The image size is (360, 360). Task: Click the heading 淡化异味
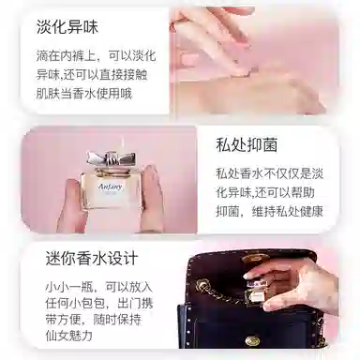[x=67, y=27]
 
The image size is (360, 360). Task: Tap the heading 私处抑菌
[x=247, y=145]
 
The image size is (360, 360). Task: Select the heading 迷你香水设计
[x=92, y=259]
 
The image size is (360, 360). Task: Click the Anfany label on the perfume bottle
[x=111, y=187]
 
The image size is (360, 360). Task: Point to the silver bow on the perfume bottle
[x=112, y=159]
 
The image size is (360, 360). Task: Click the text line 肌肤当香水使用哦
[x=84, y=94]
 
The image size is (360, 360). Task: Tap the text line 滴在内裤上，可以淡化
[x=96, y=56]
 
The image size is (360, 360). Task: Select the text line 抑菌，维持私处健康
[x=269, y=212]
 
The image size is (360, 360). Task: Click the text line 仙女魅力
[x=68, y=336]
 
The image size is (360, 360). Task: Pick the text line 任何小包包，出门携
[x=99, y=303]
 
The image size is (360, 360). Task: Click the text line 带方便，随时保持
[x=94, y=320]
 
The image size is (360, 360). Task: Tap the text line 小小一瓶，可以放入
[x=99, y=286]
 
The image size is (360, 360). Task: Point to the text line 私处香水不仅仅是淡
[x=269, y=173]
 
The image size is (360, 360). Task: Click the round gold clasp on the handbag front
[x=252, y=340]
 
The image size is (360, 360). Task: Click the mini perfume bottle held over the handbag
[x=256, y=292]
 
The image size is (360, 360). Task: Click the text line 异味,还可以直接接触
[x=92, y=75]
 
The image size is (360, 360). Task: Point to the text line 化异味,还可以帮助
[x=265, y=192]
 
